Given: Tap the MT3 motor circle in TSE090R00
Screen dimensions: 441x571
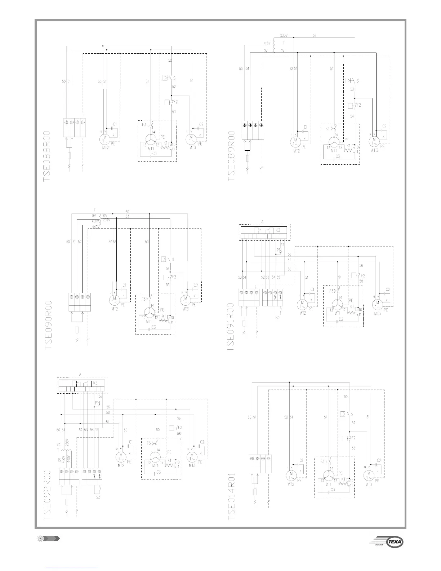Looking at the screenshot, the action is [x=186, y=300].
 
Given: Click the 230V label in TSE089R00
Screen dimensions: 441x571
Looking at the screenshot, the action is [x=284, y=36].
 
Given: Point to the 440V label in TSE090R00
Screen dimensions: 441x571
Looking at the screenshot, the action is [x=96, y=226].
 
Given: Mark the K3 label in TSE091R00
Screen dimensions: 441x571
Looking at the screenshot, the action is [x=278, y=230].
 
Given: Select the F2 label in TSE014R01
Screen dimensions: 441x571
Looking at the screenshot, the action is [x=353, y=438].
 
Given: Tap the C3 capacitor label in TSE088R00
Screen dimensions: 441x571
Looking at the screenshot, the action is [x=154, y=153].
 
